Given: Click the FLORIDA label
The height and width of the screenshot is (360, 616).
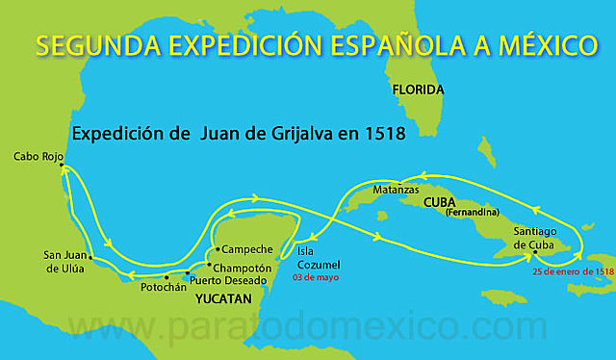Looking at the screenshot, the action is [x=418, y=90].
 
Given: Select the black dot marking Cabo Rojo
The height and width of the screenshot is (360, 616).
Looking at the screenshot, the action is [x=62, y=166].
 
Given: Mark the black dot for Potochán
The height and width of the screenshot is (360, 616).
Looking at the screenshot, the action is [x=167, y=276].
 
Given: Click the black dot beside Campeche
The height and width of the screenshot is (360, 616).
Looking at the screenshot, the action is [x=218, y=248].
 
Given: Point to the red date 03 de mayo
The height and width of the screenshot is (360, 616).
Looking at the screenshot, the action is [x=316, y=277].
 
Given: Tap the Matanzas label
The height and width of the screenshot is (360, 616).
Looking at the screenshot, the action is [x=396, y=191].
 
